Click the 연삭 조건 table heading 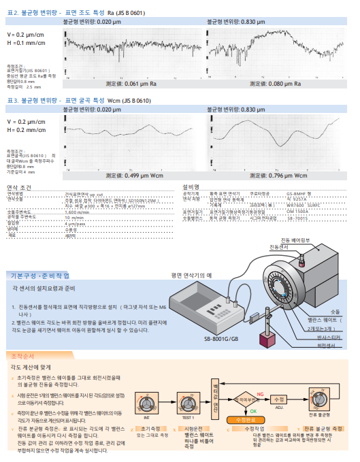pyautogui.click(x=23, y=186)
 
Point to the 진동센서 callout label pyautogui.click(x=279, y=247)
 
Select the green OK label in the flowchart pyautogui.click(x=252, y=410)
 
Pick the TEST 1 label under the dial pyautogui.click(x=187, y=417)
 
